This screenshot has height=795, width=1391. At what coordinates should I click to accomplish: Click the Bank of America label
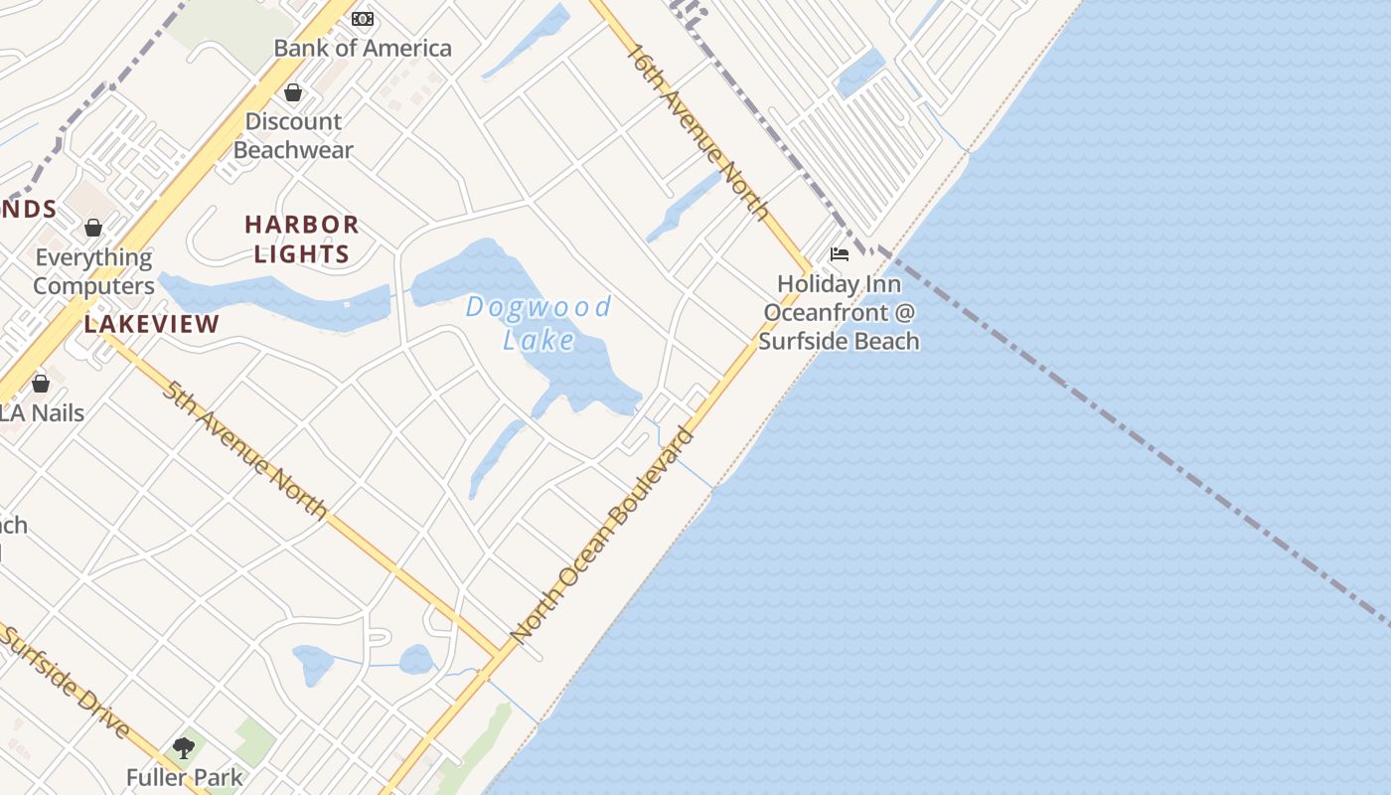[362, 48]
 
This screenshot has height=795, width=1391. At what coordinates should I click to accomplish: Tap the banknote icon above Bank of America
[363, 19]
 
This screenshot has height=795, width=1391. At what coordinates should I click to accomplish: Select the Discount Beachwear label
[293, 136]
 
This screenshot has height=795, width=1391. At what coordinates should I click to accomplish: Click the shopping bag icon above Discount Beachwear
[293, 93]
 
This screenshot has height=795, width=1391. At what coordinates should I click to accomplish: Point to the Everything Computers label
[94, 271]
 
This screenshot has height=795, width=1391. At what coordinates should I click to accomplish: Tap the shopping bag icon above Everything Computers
[93, 229]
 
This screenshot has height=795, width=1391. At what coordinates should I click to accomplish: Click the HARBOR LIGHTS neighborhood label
[302, 238]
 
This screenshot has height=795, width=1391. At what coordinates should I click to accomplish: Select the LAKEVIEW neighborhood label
[151, 324]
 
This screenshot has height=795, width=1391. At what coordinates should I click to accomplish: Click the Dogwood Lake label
[539, 323]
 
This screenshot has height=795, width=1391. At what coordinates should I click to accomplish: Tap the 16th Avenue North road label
[697, 131]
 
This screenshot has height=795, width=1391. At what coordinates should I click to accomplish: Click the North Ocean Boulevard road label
[601, 535]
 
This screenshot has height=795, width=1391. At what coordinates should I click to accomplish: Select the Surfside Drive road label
[66, 683]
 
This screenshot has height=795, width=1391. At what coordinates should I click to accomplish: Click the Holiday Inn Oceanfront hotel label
[839, 312]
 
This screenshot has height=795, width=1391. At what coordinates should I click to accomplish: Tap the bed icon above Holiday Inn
[840, 254]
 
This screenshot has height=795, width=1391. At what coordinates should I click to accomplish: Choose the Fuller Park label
[184, 777]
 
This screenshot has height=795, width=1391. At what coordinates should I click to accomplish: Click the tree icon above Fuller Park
[184, 747]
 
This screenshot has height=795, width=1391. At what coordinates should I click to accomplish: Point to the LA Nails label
[42, 412]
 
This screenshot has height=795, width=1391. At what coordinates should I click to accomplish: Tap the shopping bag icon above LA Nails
[41, 384]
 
